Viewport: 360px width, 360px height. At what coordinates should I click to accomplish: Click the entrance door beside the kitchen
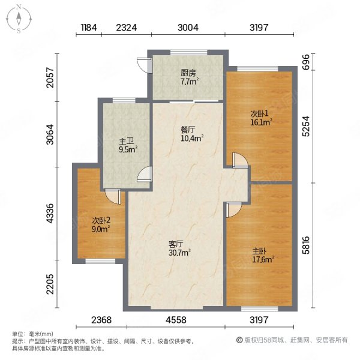click(x=142, y=64)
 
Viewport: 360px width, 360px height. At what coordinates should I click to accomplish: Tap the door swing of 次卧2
click(x=112, y=197)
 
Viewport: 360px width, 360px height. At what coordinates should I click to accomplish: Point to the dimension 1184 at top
click(x=89, y=28)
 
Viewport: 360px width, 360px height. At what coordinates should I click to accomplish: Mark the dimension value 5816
click(x=305, y=245)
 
